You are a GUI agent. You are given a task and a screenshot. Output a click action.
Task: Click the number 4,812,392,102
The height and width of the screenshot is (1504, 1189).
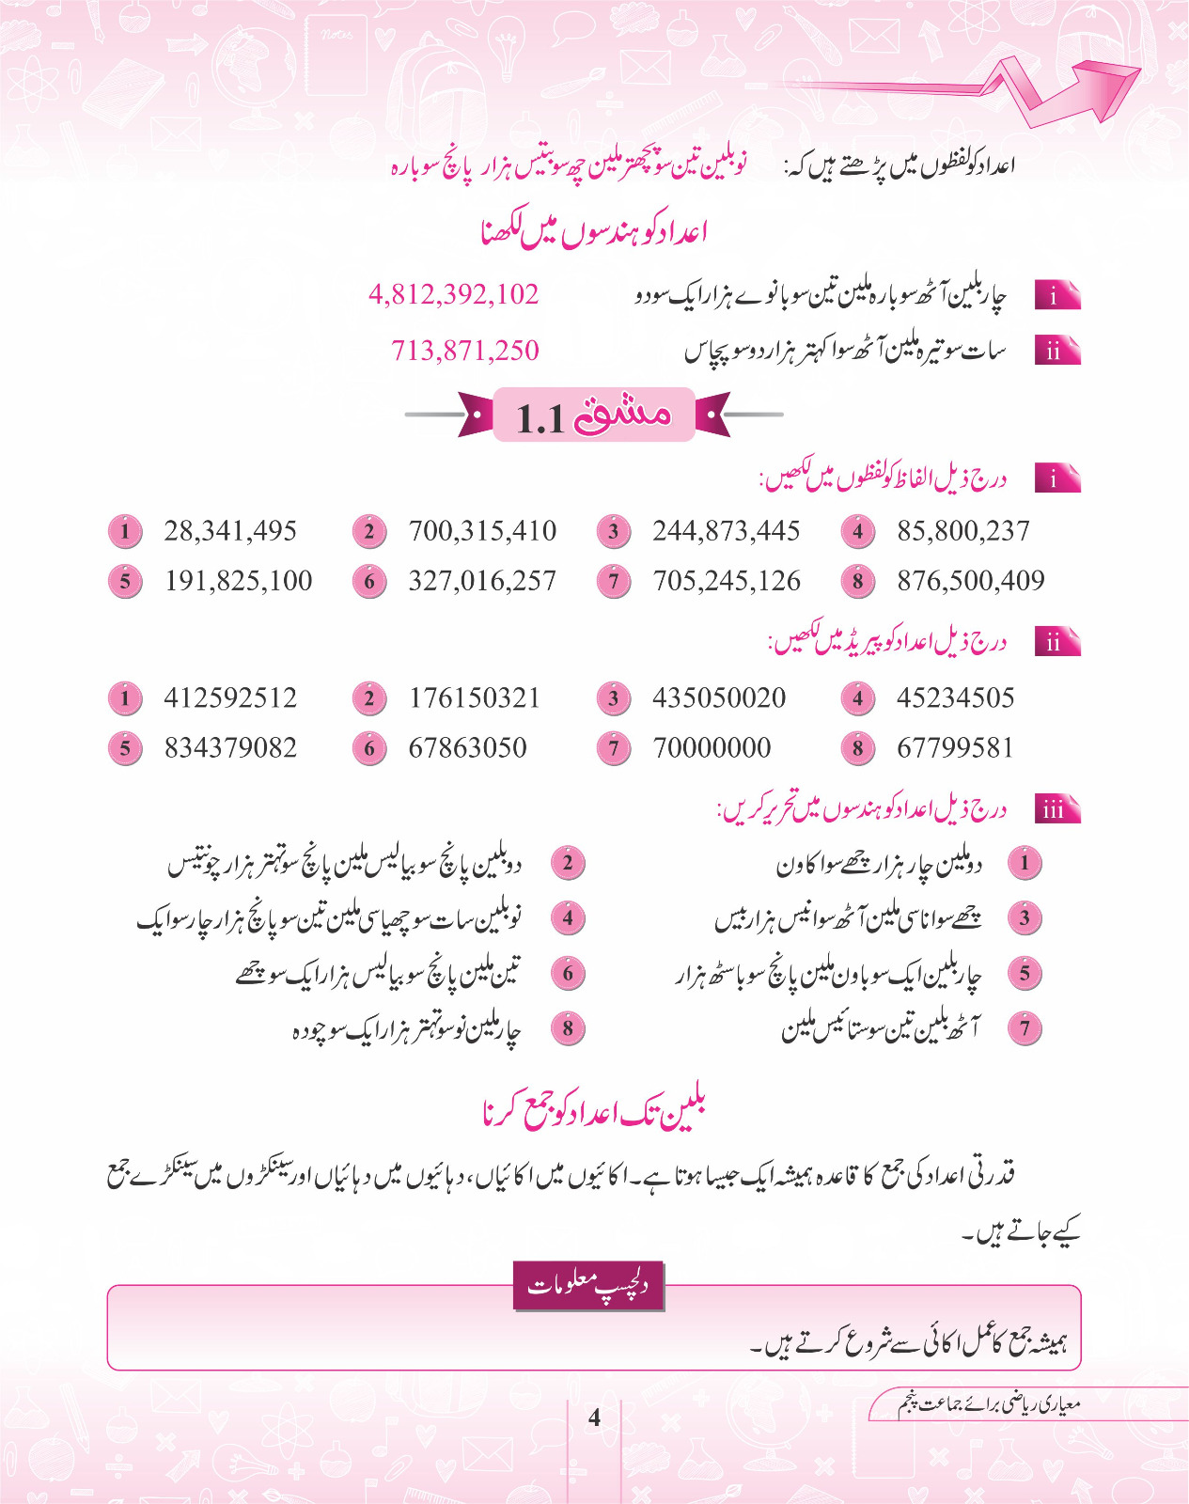tap(454, 294)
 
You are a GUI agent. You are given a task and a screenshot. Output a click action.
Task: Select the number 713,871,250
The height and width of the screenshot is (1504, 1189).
tap(465, 351)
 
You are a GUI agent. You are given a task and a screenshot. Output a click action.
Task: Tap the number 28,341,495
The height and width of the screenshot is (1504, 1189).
tap(230, 531)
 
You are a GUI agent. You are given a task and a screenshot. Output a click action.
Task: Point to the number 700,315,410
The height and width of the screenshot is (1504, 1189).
tap(482, 531)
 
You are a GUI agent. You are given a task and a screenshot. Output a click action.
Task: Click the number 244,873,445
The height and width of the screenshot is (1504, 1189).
tap(727, 531)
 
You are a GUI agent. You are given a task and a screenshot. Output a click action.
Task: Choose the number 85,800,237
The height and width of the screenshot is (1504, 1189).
tap(963, 531)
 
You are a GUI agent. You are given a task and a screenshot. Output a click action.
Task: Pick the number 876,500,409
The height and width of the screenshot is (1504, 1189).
tap(971, 581)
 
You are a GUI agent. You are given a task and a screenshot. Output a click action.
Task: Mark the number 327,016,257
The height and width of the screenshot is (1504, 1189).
tap(482, 581)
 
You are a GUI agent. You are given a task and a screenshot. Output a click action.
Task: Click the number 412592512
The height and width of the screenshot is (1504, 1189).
tap(230, 697)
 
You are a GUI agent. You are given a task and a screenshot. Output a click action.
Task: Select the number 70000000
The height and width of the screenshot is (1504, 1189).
tap(712, 748)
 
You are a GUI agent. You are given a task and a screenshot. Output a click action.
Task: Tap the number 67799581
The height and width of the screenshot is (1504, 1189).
tap(956, 748)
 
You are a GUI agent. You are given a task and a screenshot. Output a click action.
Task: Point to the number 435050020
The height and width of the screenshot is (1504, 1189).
tap(719, 697)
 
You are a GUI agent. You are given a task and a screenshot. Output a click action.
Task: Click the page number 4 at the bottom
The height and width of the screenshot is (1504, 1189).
tap(594, 1417)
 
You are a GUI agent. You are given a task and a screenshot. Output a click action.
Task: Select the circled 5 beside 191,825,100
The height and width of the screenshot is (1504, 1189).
tap(125, 581)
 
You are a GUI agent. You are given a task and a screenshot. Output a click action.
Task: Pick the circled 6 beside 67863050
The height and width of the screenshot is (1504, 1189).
tap(369, 748)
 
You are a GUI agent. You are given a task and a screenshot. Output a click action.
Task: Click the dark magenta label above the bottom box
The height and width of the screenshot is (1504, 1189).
tap(588, 1285)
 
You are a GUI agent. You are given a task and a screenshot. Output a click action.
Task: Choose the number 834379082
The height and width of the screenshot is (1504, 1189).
tap(230, 748)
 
